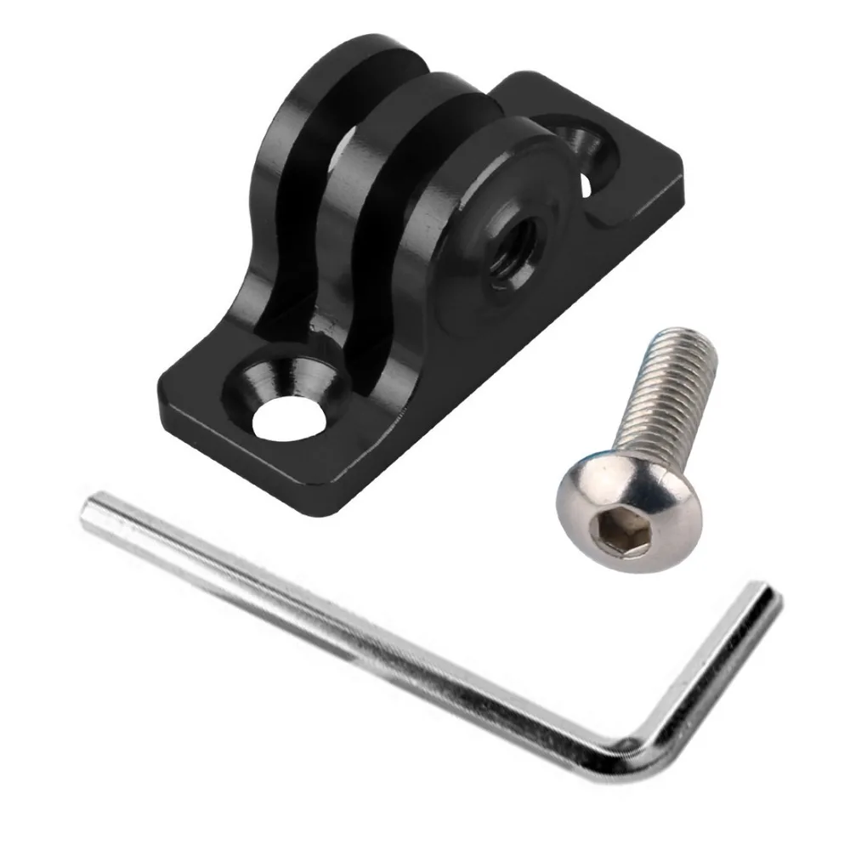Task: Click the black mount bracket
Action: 408,255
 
